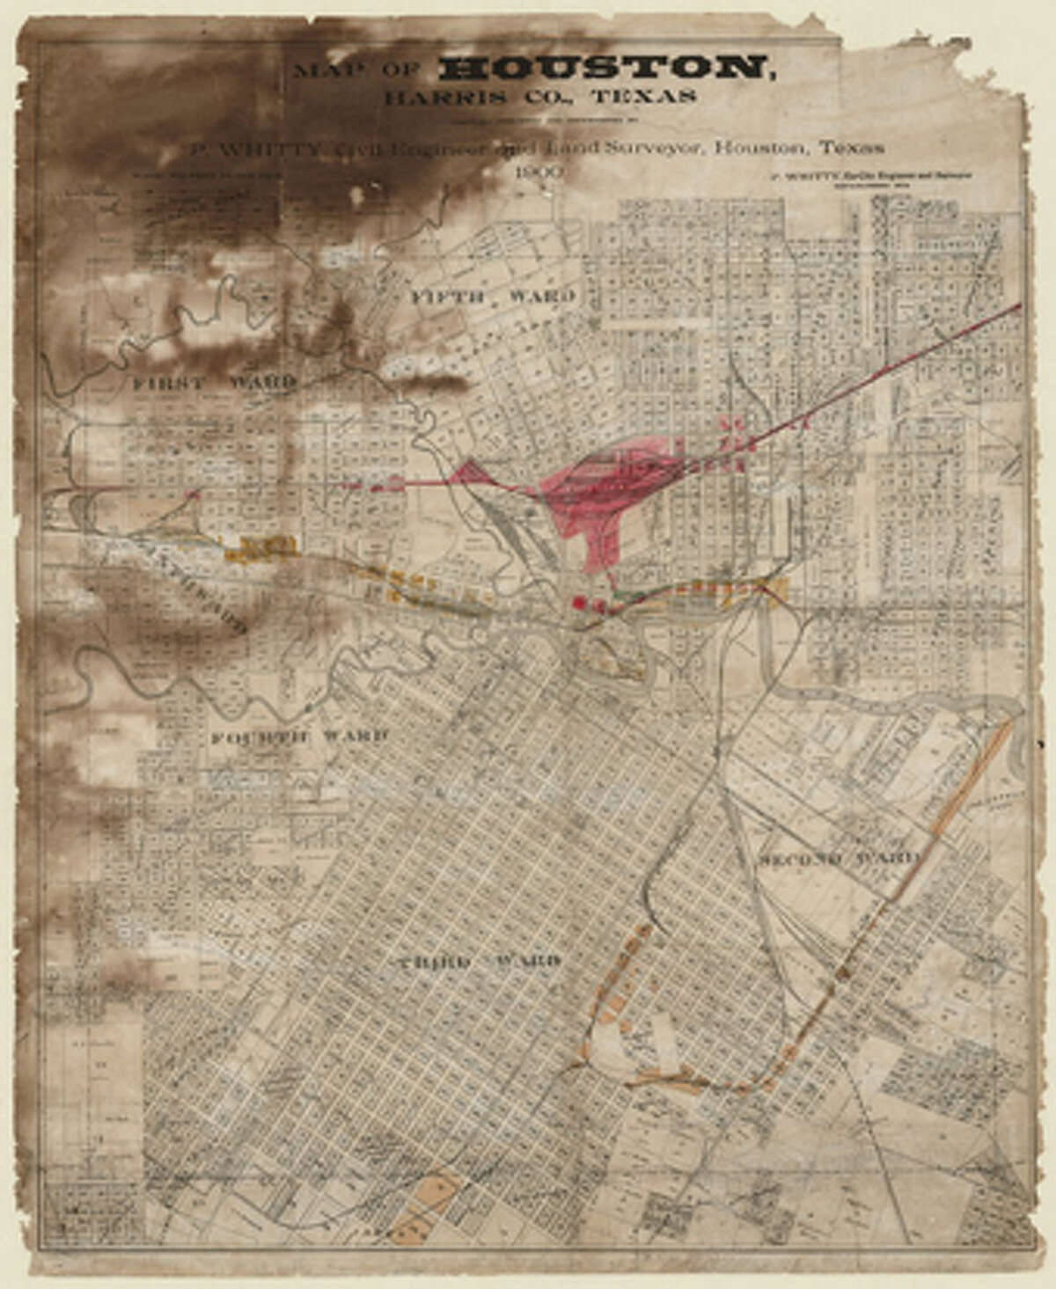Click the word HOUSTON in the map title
pyautogui.click(x=605, y=70)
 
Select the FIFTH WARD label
pyautogui.click(x=493, y=297)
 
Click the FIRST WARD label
pyautogui.click(x=214, y=383)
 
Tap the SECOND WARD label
pyautogui.click(x=839, y=858)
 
